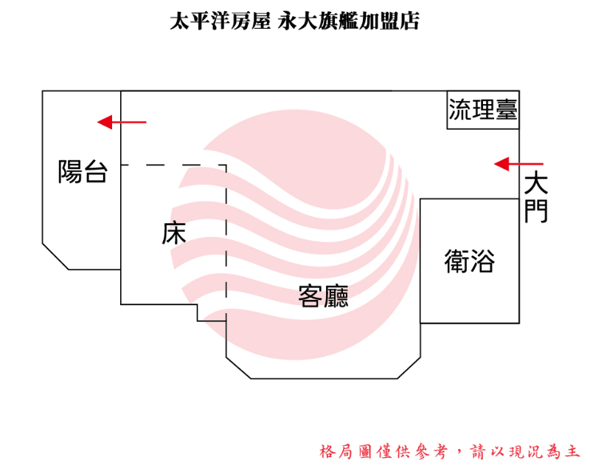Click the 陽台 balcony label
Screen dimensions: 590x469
(83, 171)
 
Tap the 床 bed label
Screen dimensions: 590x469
(174, 233)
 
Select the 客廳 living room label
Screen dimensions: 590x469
(323, 296)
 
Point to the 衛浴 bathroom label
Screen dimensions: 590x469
(470, 261)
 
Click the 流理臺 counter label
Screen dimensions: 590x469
(483, 109)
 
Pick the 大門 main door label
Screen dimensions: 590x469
(536, 197)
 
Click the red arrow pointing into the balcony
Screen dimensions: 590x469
(122, 122)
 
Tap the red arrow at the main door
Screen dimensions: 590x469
(518, 164)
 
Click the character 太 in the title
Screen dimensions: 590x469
(179, 21)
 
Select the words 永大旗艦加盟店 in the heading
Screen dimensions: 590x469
(348, 21)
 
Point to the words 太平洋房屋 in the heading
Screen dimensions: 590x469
(220, 21)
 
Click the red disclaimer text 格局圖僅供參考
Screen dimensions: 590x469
(383, 451)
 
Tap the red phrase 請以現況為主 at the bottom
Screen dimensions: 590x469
(525, 451)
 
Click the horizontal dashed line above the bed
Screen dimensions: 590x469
(173, 165)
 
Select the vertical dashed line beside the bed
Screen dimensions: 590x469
(226, 242)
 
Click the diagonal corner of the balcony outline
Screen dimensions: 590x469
(55, 256)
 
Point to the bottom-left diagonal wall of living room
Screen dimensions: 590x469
(238, 368)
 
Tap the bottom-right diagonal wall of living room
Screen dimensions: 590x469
(409, 368)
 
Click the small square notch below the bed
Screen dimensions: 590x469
(212, 313)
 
